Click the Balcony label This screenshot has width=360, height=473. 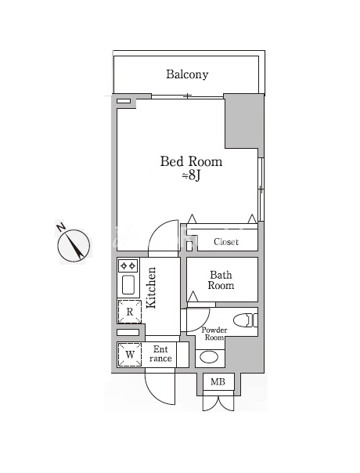click(187, 74)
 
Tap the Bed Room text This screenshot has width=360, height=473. click(191, 161)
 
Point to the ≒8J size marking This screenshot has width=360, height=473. click(191, 176)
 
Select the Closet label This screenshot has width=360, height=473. click(226, 242)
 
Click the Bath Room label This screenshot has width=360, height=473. click(221, 280)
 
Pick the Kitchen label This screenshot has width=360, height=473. click(151, 287)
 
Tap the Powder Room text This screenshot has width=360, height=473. click(214, 334)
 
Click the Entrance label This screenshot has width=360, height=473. click(160, 354)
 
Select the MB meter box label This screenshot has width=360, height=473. click(218, 382)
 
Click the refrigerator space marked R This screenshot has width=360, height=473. click(129, 312)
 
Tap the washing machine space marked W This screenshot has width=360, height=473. click(129, 355)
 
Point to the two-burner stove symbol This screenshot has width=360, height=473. click(128, 265)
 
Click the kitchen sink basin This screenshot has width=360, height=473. click(128, 285)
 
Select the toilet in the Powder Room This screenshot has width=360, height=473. click(246, 320)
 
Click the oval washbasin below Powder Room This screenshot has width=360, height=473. click(209, 358)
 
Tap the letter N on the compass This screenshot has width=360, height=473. click(61, 227)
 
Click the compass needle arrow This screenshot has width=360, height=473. click(76, 246)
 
